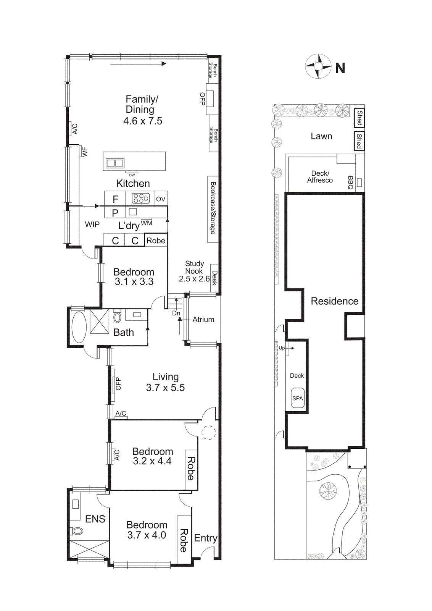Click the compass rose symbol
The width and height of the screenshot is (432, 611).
click(x=318, y=66)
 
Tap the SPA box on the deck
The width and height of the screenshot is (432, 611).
click(x=297, y=398)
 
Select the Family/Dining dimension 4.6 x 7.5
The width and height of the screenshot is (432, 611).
click(x=143, y=121)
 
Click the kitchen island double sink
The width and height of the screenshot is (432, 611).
click(x=115, y=163)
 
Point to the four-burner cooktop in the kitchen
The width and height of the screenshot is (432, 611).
click(x=140, y=198)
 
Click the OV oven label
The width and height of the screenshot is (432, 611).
click(x=161, y=199)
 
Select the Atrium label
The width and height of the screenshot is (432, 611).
click(x=203, y=320)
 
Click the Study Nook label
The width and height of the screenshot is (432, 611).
click(x=194, y=267)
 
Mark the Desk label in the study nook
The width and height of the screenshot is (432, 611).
click(x=214, y=278)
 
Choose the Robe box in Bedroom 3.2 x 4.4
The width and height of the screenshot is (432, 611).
click(x=191, y=469)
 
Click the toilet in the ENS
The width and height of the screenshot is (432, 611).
click(x=77, y=531)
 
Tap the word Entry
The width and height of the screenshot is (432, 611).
click(x=205, y=538)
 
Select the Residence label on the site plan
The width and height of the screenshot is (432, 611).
click(x=334, y=301)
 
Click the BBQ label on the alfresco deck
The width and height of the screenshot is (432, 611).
click(x=350, y=183)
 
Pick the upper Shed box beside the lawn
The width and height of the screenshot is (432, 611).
click(x=359, y=118)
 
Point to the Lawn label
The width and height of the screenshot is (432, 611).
click(x=321, y=136)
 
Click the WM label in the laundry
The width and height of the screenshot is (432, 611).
click(x=147, y=223)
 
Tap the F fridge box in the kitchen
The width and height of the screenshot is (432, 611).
click(x=115, y=199)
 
